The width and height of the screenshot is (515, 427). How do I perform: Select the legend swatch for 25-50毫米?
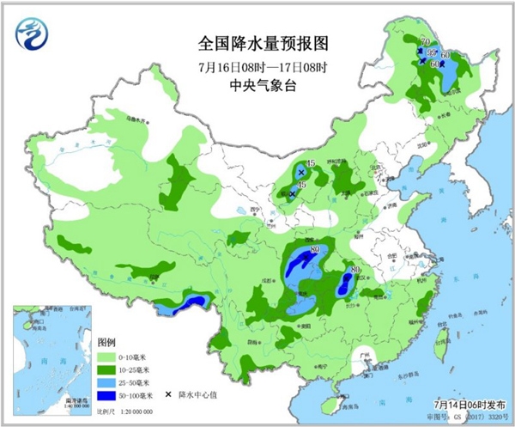click(107, 381)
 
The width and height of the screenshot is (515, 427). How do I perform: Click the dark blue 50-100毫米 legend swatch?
click(107, 395)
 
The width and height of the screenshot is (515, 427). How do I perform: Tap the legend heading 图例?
click(105, 340)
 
